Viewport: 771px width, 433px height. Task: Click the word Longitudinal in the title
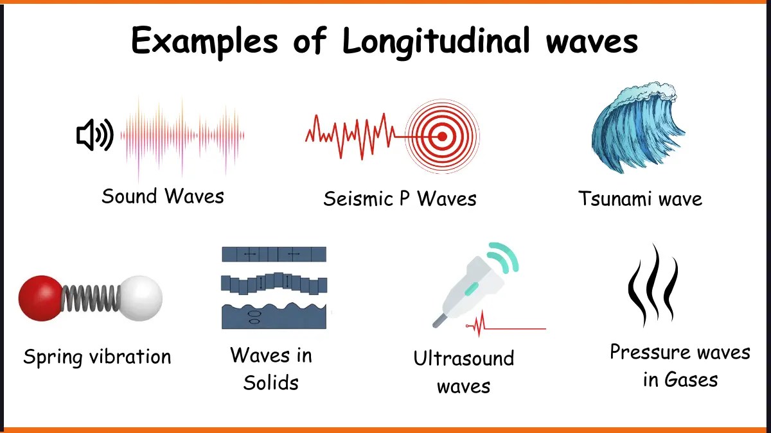point(437,42)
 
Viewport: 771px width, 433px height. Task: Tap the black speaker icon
point(94,135)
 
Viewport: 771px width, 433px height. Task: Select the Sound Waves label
point(163,196)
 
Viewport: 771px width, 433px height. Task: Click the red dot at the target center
point(442,136)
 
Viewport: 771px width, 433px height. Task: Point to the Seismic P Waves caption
point(400,199)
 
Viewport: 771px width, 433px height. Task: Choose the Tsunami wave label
point(640,198)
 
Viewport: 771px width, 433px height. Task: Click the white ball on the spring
point(141,298)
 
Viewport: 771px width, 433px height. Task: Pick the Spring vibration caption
point(97,357)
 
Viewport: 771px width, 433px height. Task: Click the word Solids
point(270,383)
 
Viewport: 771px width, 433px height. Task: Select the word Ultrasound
point(463,358)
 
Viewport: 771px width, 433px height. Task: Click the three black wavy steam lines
point(652,285)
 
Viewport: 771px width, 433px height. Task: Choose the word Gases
point(691,380)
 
